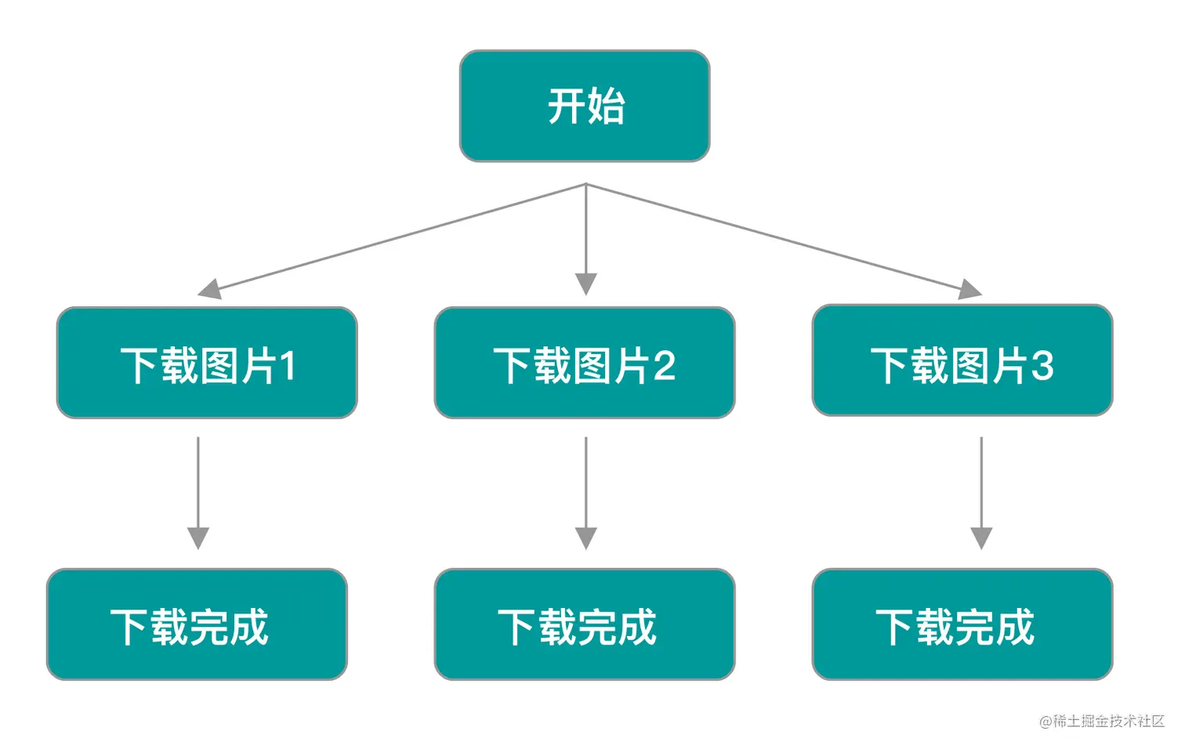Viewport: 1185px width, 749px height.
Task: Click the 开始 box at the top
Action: tap(585, 106)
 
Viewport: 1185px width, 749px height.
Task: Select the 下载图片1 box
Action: tap(207, 363)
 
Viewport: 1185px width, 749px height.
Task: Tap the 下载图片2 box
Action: tap(585, 363)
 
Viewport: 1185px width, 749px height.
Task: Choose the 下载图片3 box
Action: tap(962, 360)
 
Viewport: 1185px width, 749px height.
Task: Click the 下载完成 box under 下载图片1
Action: tap(197, 624)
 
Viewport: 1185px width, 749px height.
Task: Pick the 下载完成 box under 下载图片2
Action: tap(585, 624)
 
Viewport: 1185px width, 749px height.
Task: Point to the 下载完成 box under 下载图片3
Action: tap(962, 624)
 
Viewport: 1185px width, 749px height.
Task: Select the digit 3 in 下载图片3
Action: tap(1042, 364)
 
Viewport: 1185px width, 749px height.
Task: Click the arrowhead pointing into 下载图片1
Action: tap(209, 289)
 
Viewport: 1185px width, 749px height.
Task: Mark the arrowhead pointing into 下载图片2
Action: tap(586, 284)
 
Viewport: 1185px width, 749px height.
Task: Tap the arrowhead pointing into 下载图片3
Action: tap(969, 289)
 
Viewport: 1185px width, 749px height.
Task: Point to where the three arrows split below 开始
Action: tap(586, 185)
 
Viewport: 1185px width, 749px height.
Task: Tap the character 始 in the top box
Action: tap(606, 106)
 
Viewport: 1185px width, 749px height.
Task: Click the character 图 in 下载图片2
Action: tap(592, 366)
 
